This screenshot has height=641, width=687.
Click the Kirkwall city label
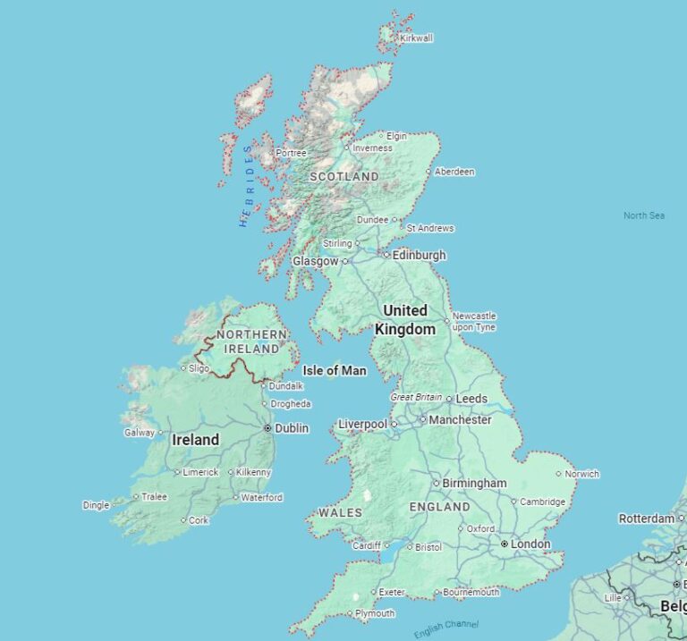click(417, 38)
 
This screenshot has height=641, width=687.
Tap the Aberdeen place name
click(454, 172)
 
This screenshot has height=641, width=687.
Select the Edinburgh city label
click(419, 255)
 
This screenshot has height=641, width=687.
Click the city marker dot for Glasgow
click(344, 262)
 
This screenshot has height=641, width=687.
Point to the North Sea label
click(644, 215)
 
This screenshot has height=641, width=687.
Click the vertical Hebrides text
click(246, 186)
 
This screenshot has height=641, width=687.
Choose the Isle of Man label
click(335, 370)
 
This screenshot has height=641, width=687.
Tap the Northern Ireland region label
click(252, 341)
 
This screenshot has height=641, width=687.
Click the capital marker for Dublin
click(267, 429)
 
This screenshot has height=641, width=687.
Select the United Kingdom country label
click(405, 319)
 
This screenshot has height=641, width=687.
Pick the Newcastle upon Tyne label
click(474, 321)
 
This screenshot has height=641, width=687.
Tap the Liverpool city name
click(362, 424)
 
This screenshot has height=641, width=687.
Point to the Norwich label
click(581, 474)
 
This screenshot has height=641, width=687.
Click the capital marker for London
click(505, 544)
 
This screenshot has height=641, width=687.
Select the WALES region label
click(340, 512)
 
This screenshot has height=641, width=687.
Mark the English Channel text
click(445, 628)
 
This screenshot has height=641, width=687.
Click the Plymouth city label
click(375, 613)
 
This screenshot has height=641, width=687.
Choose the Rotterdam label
click(646, 519)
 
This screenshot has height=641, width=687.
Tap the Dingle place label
click(96, 505)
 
